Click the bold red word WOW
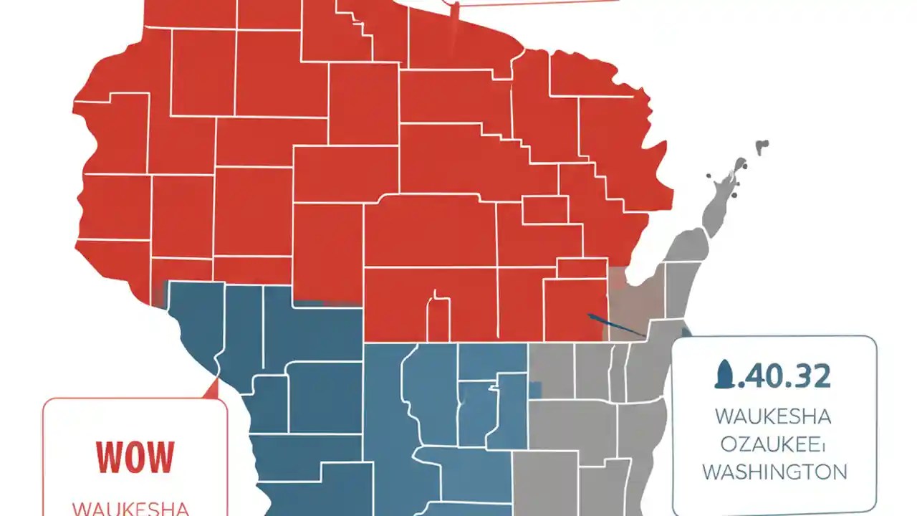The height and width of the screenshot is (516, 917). pyautogui.click(x=135, y=457)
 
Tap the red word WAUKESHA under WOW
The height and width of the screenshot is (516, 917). pyautogui.click(x=131, y=508)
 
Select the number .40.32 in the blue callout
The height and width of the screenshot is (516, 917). pyautogui.click(x=782, y=376)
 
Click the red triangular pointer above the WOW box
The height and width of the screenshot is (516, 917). pyautogui.click(x=211, y=388)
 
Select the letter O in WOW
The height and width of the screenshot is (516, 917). pyautogui.click(x=135, y=457)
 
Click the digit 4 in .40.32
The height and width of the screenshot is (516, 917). pyautogui.click(x=752, y=376)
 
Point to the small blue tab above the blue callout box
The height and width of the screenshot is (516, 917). pyautogui.click(x=686, y=332)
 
